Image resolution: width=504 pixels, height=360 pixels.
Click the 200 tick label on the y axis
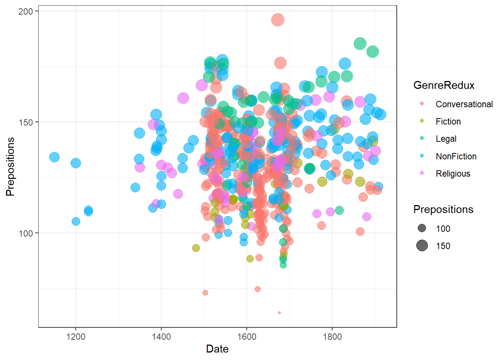(x=25, y=11)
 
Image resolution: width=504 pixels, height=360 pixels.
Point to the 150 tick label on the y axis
(x=25, y=122)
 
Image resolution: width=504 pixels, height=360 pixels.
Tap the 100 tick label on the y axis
(x=25, y=233)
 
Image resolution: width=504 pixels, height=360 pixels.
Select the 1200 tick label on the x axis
(x=76, y=336)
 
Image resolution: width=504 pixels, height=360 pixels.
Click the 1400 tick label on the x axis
(x=161, y=336)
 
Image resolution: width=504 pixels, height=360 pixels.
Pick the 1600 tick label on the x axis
(x=247, y=336)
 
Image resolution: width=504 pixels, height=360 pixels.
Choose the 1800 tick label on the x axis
(x=332, y=336)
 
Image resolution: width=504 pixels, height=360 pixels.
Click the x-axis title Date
(x=217, y=349)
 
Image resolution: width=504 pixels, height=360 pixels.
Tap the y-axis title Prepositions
(x=10, y=166)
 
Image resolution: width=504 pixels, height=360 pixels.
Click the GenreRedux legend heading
(x=444, y=85)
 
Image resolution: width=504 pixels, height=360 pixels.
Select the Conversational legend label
(x=464, y=104)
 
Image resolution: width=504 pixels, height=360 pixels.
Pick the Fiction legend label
(x=448, y=121)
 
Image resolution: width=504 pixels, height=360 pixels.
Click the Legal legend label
(x=446, y=139)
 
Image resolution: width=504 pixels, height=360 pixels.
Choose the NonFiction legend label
(x=456, y=156)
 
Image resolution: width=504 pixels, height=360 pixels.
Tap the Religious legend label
(x=453, y=174)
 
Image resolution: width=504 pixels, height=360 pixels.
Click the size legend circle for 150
(x=422, y=246)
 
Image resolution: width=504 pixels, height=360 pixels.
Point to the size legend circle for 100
(x=422, y=228)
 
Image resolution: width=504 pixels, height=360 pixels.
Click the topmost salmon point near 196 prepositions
(x=278, y=19)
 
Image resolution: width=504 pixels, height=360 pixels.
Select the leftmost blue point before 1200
(x=54, y=157)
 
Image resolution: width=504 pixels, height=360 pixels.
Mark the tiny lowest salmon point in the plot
(x=279, y=312)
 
